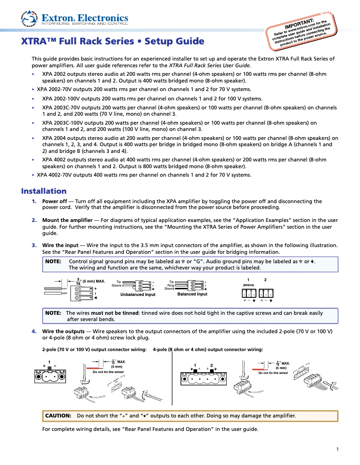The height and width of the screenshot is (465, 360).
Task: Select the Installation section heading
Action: [x=44, y=191]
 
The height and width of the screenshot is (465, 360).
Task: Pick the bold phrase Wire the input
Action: [x=60, y=245]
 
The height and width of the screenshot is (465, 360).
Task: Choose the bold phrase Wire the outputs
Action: [x=63, y=331]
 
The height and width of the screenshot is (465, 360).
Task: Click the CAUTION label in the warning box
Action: [x=58, y=416]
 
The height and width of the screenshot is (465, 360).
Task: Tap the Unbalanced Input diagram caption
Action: [x=138, y=295]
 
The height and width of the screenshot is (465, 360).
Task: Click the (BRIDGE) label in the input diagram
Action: [x=249, y=285]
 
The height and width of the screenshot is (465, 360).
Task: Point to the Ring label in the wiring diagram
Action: [x=171, y=285]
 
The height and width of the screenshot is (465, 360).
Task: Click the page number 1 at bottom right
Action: [x=337, y=449]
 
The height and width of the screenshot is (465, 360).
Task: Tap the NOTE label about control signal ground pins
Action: [x=53, y=261]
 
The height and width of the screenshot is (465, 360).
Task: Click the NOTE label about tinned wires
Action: [x=53, y=313]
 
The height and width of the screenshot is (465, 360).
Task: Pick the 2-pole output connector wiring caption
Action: [x=94, y=349]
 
